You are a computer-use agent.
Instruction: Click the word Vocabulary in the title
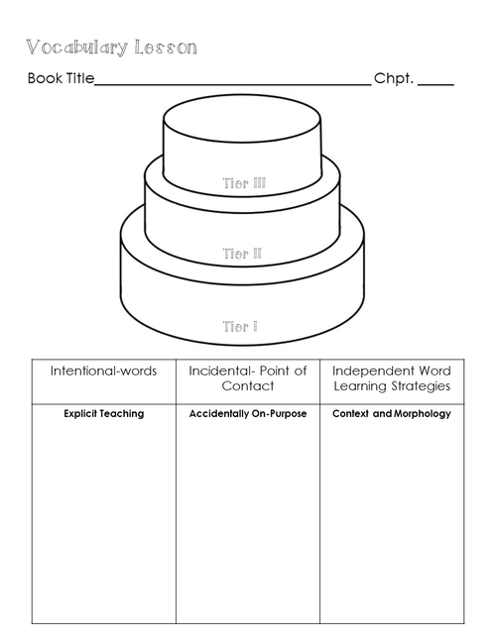[77, 48]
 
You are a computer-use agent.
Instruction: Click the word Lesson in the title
[166, 48]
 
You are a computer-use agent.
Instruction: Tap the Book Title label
[61, 78]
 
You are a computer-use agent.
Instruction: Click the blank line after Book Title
[233, 85]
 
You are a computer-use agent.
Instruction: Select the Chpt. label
[394, 78]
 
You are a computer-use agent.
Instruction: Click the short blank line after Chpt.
[435, 85]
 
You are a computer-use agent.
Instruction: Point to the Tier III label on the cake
[244, 183]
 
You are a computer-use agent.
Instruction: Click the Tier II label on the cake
[242, 254]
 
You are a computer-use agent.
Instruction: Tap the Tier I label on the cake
[240, 327]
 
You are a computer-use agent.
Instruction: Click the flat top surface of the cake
[242, 119]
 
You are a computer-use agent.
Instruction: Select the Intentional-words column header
[103, 371]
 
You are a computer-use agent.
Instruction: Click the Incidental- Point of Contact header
[248, 378]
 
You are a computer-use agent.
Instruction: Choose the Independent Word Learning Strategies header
[392, 378]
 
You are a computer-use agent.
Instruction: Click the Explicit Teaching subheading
[104, 414]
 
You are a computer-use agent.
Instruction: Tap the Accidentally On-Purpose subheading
[248, 414]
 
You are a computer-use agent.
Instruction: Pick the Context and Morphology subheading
[392, 414]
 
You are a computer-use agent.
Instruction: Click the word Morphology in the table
[423, 414]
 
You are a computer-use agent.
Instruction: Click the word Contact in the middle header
[248, 386]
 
